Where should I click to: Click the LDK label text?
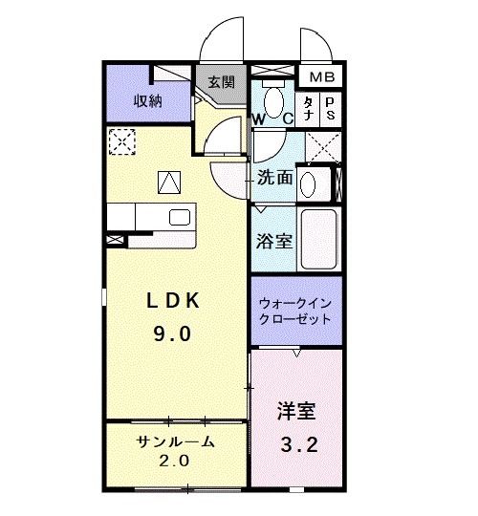coord(173,301)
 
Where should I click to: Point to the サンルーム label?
coord(175,441)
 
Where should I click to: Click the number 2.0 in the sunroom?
coord(175,461)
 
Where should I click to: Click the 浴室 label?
coord(274,242)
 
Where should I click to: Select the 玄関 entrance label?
coord(222,83)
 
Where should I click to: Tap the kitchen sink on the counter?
coord(179,217)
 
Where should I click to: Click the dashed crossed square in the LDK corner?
coord(120,141)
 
